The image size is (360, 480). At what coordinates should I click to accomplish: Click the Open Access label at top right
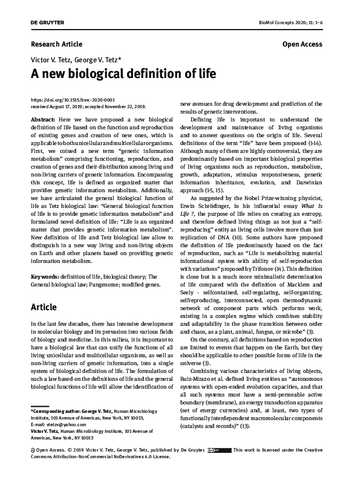coord(302,45)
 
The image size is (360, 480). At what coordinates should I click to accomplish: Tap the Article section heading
coord(44,307)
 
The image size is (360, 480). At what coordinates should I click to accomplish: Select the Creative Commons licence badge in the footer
coord(218,467)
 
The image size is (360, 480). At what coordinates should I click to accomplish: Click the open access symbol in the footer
coord(32,467)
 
